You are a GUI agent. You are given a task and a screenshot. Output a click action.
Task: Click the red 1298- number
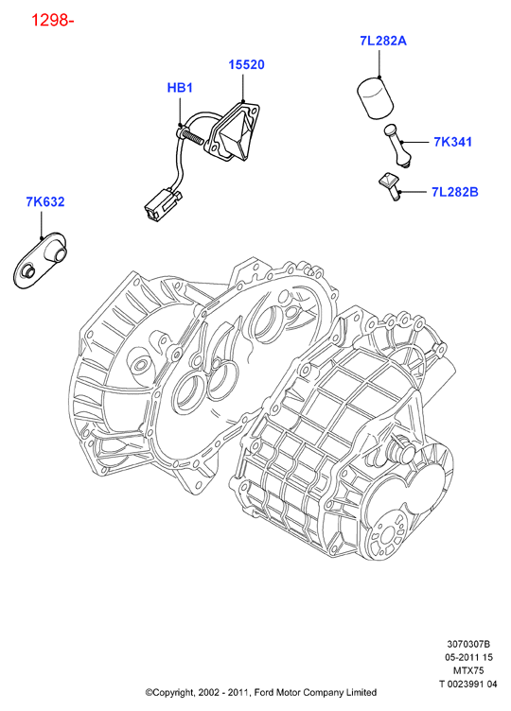coord(52,20)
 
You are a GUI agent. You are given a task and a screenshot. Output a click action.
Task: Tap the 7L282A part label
coord(383,41)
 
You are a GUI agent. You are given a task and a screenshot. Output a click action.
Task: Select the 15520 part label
coord(246,65)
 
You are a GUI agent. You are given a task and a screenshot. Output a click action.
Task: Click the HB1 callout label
coord(180,88)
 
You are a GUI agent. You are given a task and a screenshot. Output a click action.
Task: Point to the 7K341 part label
coord(453,142)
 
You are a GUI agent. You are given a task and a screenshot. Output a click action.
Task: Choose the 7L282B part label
coord(455,192)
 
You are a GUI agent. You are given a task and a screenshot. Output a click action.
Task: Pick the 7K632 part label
coord(45,201)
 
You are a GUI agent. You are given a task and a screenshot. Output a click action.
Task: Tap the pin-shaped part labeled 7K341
coord(398,146)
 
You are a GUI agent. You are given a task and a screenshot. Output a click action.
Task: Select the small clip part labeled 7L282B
coord(391,185)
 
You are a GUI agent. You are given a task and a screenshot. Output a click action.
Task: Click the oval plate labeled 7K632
coord(41,260)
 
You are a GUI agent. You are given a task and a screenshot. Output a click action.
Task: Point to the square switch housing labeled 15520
coord(233,132)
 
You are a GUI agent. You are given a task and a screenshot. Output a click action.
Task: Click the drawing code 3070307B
coord(468,644)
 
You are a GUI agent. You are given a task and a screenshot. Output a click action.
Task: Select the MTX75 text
coord(468,670)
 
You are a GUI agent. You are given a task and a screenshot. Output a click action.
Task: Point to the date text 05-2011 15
coord(468,657)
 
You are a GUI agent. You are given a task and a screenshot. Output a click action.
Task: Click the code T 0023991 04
coord(467,684)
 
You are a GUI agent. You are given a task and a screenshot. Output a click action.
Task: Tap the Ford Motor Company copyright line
coord(261,692)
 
